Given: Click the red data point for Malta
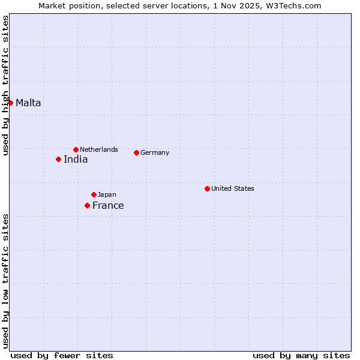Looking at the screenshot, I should (10, 103).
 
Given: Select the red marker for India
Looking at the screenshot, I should (58, 159).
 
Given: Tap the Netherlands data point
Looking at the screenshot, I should (76, 149).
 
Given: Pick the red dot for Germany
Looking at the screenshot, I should (136, 152).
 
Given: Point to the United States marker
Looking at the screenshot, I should (207, 188).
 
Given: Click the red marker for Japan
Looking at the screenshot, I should (94, 194).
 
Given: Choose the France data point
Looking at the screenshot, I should (87, 205).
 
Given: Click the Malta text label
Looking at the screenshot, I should (28, 103).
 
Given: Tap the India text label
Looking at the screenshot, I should (76, 159).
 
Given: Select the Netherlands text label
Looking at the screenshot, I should (99, 149).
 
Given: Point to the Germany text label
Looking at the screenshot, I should (155, 152).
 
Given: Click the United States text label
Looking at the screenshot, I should (233, 188).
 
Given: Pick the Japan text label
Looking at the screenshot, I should (107, 194).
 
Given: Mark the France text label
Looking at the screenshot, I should (108, 205).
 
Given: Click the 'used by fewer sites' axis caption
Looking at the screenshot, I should (62, 355).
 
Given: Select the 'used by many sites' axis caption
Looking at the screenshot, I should (301, 355).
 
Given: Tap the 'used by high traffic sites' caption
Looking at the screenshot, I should (5, 85).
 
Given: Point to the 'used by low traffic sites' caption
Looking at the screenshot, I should (5, 281).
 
